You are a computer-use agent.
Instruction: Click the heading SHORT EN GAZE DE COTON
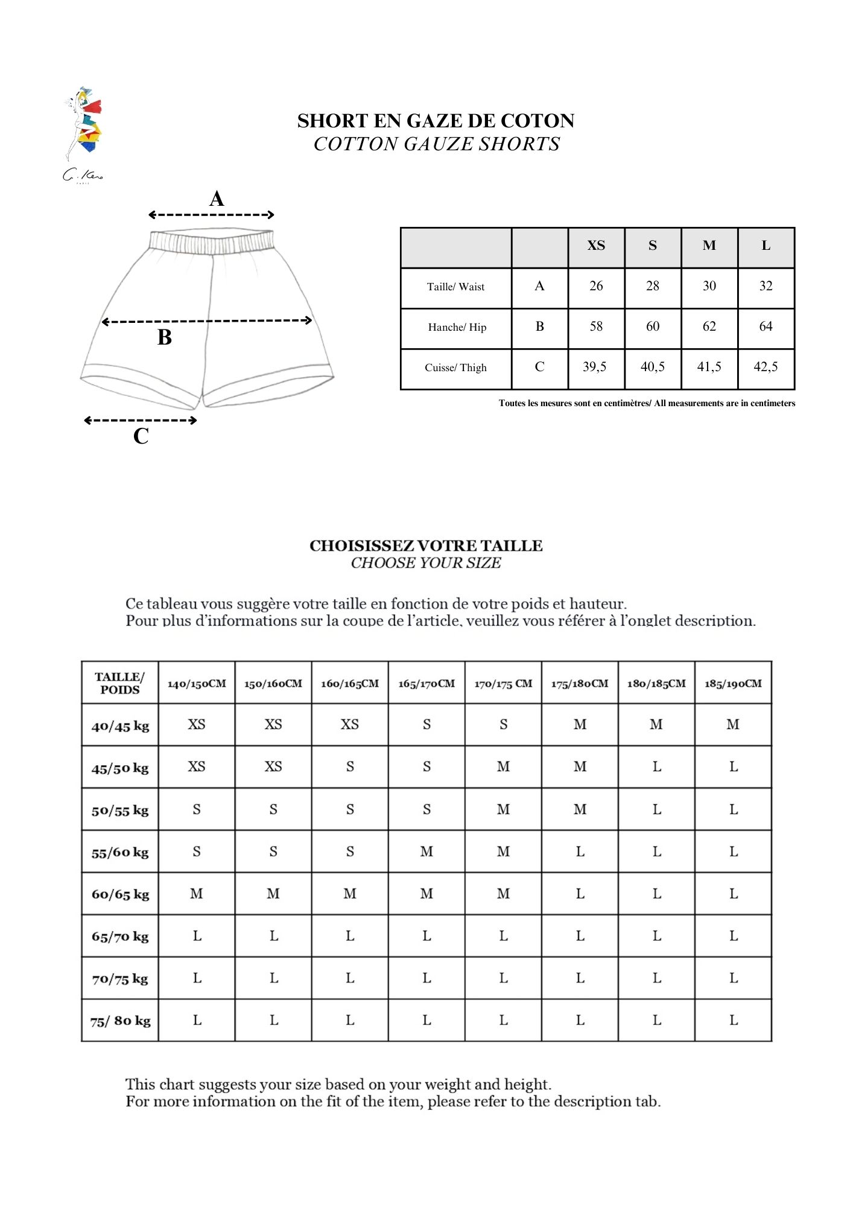[x=436, y=121]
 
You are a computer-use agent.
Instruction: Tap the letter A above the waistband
[x=217, y=199]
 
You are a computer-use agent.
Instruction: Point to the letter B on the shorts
[x=165, y=337]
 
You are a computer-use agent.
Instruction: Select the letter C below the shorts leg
[x=141, y=436]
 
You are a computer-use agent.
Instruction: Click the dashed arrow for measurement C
[x=141, y=420]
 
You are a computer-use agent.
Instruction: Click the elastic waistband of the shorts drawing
[x=211, y=241]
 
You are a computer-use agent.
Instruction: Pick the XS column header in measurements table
[x=596, y=246]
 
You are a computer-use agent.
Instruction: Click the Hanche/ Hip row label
[x=457, y=327]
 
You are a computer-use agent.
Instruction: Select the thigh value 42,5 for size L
[x=766, y=367]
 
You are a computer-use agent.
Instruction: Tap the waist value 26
[x=596, y=286]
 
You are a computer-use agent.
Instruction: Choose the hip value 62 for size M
[x=709, y=326]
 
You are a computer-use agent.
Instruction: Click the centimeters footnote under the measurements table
[x=647, y=403]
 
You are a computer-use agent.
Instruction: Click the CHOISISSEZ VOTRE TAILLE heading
[x=426, y=546]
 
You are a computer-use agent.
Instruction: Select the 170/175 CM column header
[x=503, y=684]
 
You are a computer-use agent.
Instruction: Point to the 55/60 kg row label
[x=120, y=852]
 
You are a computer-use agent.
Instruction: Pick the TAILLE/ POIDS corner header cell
[x=120, y=683]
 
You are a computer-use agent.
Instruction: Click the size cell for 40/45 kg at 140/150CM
[x=197, y=724]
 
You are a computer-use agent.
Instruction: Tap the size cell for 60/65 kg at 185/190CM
[x=733, y=894]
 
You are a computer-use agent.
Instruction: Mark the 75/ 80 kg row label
[x=120, y=1021]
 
